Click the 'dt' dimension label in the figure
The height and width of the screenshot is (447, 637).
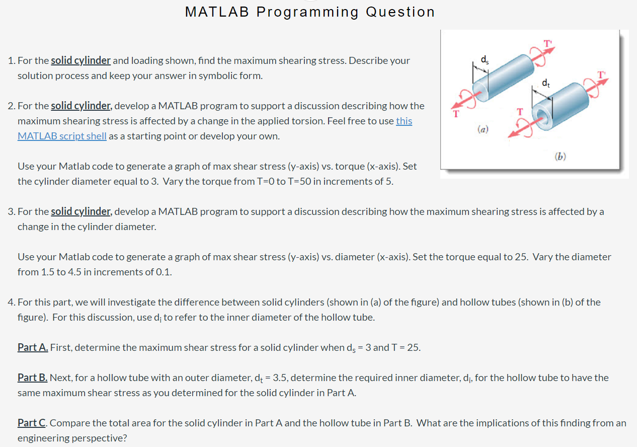click(x=545, y=83)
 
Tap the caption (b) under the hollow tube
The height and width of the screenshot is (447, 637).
click(x=560, y=157)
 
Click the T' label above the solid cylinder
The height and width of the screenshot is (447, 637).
click(x=547, y=43)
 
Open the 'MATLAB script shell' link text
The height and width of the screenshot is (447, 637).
click(x=62, y=136)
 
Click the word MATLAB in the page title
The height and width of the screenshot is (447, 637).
click(x=217, y=12)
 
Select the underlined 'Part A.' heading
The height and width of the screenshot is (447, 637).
click(x=33, y=347)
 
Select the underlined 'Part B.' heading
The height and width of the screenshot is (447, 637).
click(x=33, y=378)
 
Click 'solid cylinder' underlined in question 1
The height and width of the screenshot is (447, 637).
click(x=81, y=60)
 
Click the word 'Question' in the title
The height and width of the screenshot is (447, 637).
click(x=400, y=12)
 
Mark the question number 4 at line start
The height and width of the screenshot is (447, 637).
click(x=11, y=302)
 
